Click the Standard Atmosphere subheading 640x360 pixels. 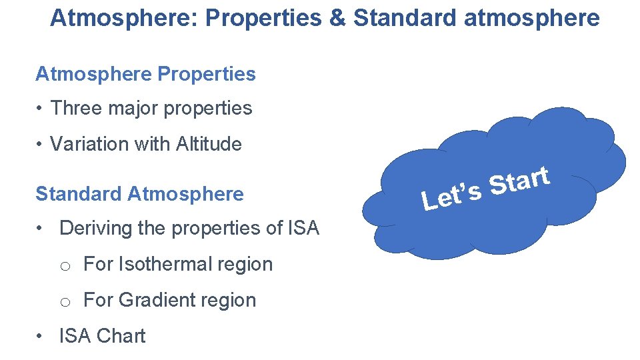[x=139, y=194]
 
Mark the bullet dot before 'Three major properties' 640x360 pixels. [x=41, y=109]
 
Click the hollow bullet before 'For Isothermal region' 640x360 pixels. [x=65, y=266]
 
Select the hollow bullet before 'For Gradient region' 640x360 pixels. [x=65, y=302]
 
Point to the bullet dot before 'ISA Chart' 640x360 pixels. [x=41, y=336]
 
